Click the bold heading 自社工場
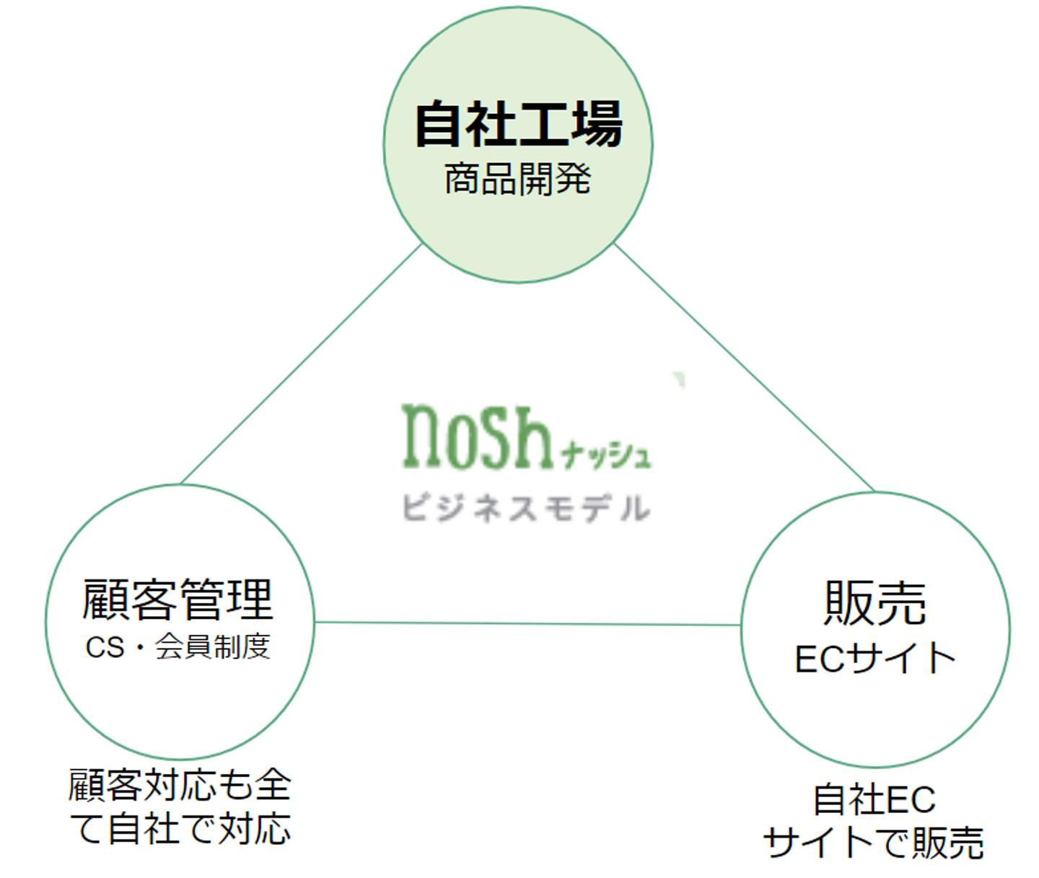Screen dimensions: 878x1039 [x=518, y=124]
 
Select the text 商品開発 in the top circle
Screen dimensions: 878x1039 [x=517, y=179]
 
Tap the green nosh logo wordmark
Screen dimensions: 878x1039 [x=477, y=437]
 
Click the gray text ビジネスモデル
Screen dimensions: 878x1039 [x=526, y=508]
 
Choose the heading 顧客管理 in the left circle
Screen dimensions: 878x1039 [x=177, y=600]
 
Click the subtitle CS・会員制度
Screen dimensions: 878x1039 [x=177, y=647]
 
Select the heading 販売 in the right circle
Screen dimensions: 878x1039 [x=874, y=603]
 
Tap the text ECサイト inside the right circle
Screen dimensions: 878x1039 [x=874, y=658]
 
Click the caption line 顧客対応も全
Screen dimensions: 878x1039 [x=180, y=785]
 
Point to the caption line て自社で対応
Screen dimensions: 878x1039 [x=180, y=828]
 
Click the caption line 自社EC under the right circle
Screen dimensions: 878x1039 [x=874, y=799]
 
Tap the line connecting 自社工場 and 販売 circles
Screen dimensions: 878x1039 [x=743, y=368]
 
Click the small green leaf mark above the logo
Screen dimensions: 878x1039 [x=678, y=379]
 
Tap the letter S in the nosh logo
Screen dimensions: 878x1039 [x=488, y=437]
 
